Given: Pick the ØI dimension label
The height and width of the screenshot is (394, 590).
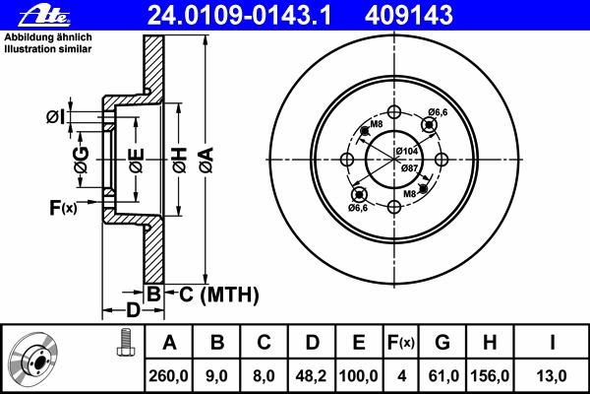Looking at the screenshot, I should tap(56, 117).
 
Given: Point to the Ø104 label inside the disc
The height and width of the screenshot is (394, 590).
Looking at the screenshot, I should tap(407, 150).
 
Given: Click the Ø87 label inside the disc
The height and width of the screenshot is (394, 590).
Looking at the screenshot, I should tap(410, 168).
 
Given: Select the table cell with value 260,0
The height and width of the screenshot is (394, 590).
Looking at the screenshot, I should tap(170, 375).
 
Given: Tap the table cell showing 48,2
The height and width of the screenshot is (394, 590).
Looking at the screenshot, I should tap(312, 375).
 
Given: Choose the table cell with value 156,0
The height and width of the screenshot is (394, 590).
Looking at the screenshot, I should tap(489, 375).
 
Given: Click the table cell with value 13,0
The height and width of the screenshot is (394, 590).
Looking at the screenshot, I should tap(553, 375).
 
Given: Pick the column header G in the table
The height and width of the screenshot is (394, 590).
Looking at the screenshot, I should tap(442, 343).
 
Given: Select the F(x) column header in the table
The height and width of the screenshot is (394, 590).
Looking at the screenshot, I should tap(400, 343).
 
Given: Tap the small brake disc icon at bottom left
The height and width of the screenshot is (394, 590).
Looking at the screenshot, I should tap(36, 360).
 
